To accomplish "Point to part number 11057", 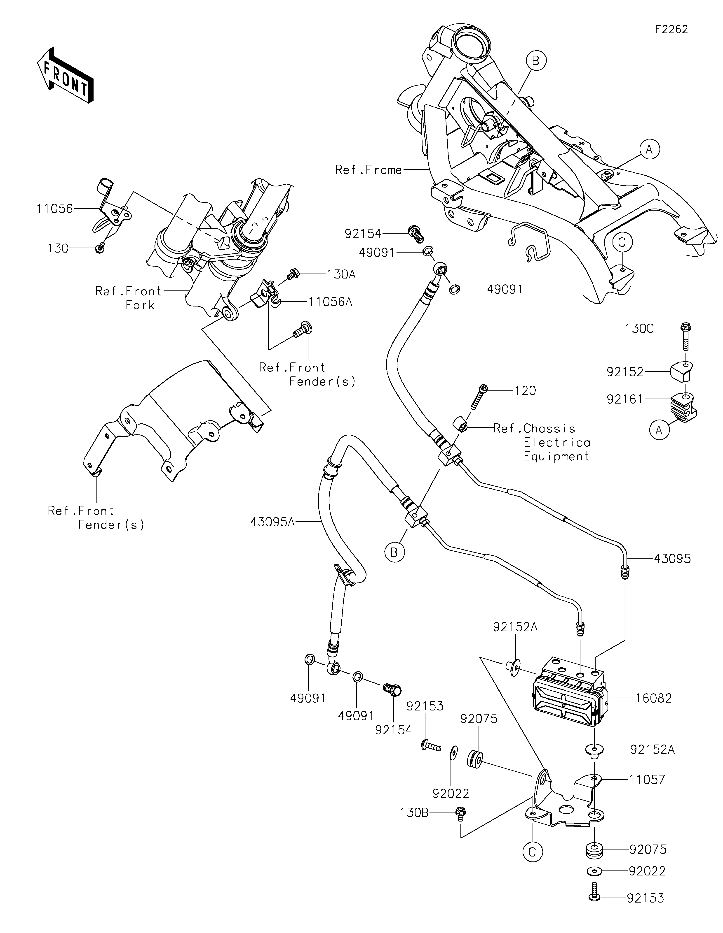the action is (647, 780).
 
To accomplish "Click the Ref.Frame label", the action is (369, 170).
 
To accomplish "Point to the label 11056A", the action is (330, 302).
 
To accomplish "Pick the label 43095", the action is (672, 558).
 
